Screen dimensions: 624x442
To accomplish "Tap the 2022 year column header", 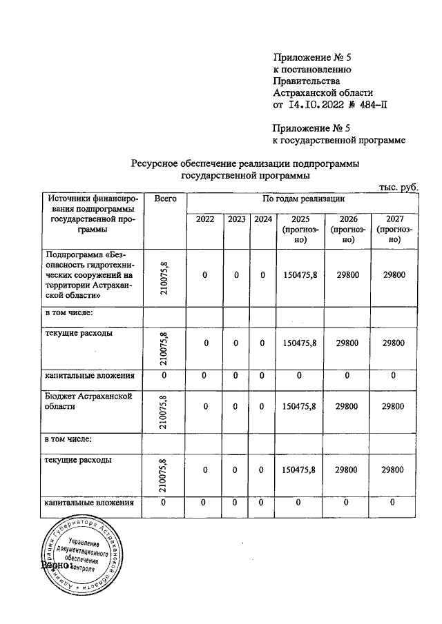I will (205, 219).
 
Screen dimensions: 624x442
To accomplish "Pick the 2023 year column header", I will (236, 219).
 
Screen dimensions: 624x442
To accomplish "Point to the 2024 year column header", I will (262, 219).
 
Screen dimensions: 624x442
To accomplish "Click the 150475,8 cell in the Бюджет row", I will (300, 406).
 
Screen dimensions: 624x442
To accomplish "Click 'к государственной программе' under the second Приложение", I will (338, 140).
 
